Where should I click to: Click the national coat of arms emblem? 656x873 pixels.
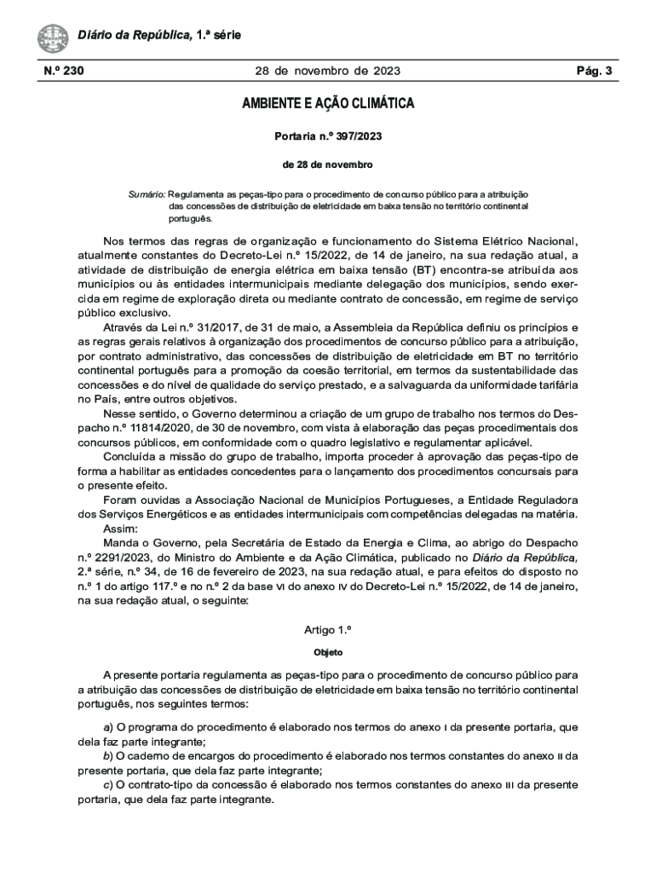53,38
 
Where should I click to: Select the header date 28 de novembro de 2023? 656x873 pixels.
328,72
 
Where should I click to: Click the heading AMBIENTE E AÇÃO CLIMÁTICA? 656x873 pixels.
328,105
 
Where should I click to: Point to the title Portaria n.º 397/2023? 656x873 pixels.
328,136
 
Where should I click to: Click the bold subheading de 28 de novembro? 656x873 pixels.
328,164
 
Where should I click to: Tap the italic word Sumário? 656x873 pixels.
147,194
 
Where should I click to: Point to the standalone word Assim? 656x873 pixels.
119,528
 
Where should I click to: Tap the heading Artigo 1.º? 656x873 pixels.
328,630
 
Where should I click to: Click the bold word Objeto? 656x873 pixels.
328,652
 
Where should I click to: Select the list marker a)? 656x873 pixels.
108,727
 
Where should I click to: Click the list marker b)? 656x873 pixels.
108,756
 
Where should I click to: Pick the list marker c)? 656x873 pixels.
108,785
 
